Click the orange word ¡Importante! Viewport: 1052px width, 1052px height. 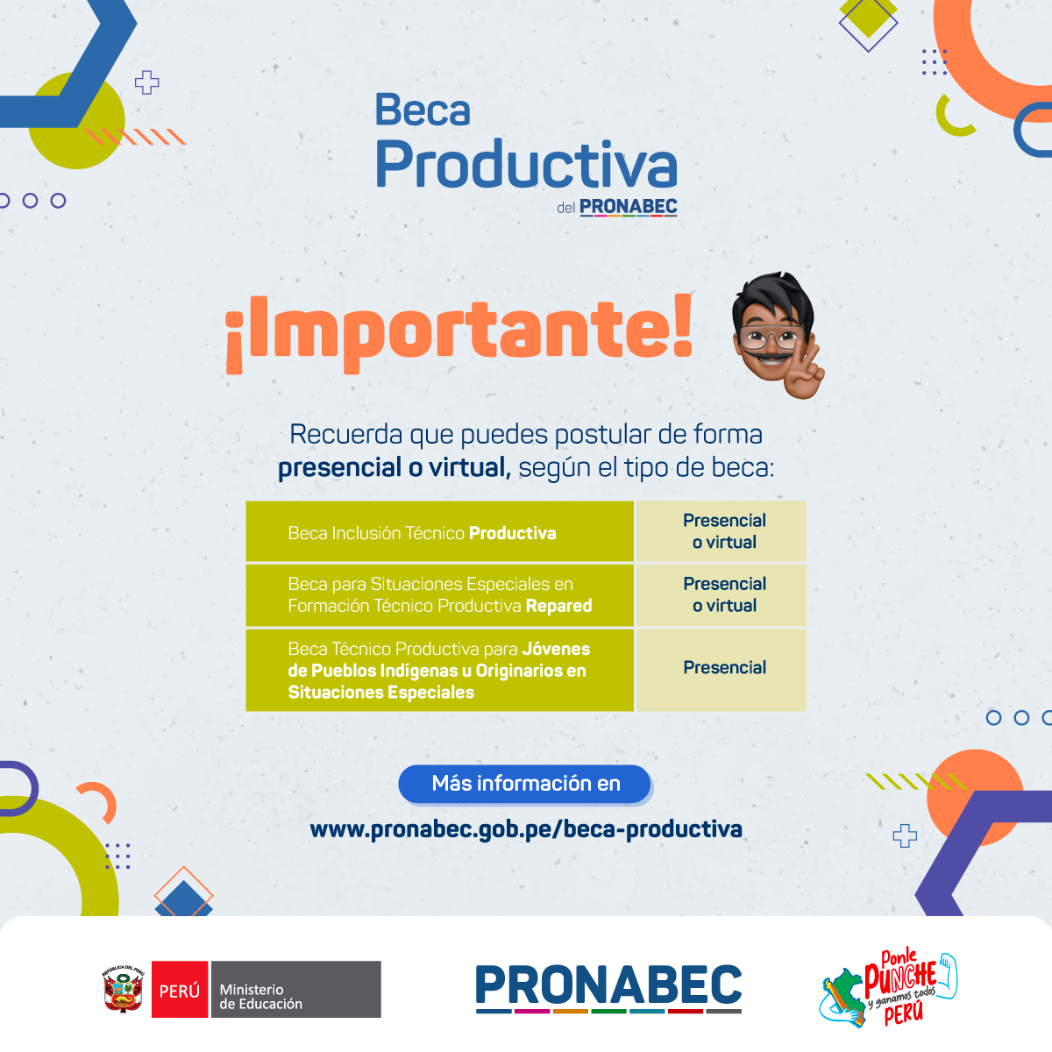[459, 333]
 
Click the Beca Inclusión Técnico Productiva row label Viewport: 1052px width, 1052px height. [422, 533]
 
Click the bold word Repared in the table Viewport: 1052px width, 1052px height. [558, 606]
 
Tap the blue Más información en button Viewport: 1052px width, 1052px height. [524, 784]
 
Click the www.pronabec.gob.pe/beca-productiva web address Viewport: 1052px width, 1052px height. [526, 829]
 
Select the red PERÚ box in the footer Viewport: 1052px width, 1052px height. [180, 989]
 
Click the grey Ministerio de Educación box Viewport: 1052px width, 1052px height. [296, 989]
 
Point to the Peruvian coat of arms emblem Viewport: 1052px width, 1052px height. [124, 989]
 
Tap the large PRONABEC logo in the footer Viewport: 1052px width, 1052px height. [608, 988]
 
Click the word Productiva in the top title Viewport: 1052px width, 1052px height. [526, 164]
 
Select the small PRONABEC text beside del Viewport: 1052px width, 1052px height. [629, 207]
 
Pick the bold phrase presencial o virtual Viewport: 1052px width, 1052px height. [394, 468]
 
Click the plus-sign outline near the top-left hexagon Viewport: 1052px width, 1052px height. [147, 82]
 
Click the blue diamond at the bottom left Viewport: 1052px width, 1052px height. [183, 900]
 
